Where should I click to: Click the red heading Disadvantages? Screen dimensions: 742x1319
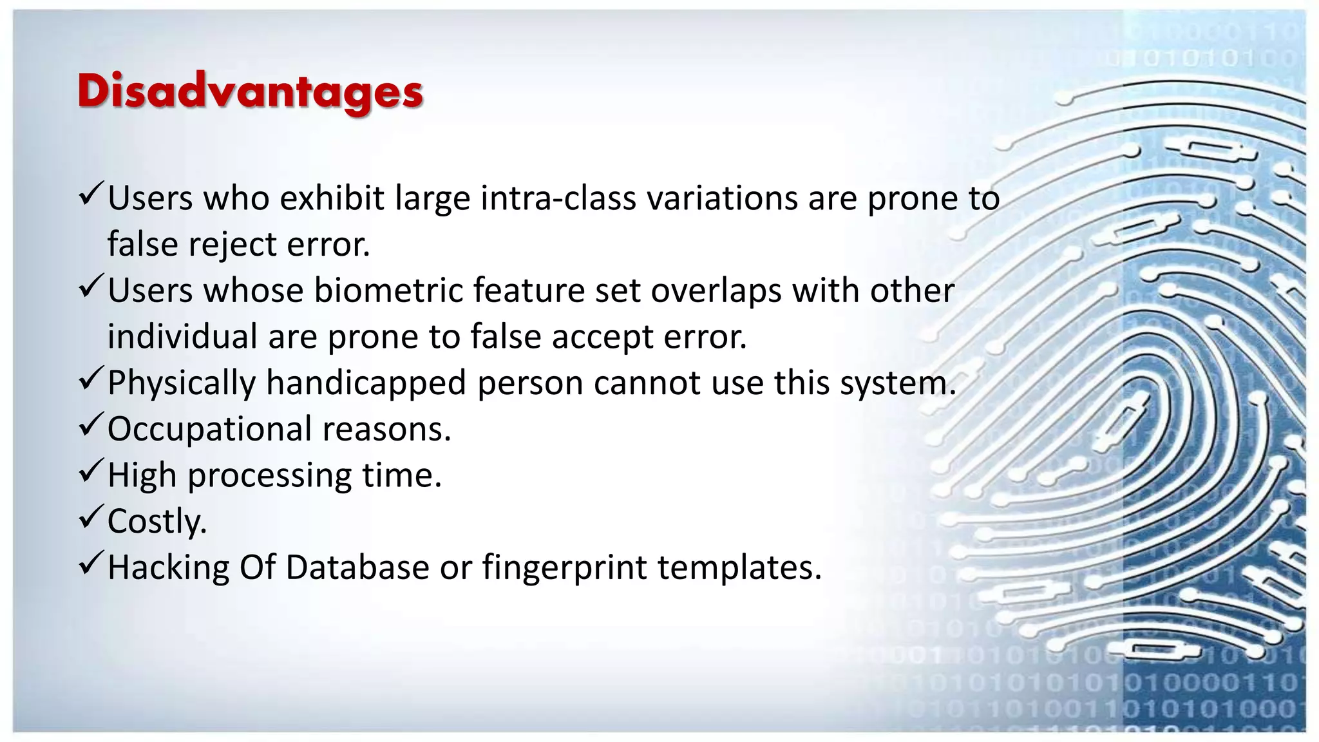pos(250,91)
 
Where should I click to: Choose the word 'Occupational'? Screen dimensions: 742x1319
pos(210,430)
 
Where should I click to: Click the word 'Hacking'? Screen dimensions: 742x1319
pos(168,568)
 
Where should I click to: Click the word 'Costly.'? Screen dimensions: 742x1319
pos(157,522)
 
